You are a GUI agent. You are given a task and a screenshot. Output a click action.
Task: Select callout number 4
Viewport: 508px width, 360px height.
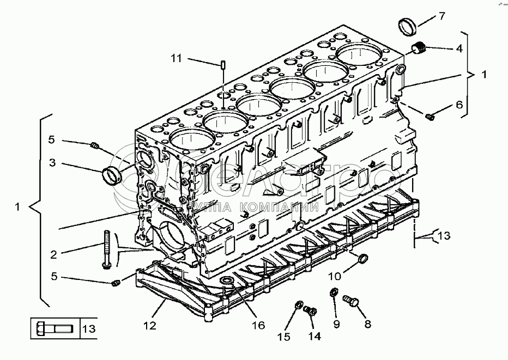tap(459, 48)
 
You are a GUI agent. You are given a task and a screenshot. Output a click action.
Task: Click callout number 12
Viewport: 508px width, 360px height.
tap(149, 326)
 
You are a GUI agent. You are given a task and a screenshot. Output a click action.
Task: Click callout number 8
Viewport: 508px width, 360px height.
tap(367, 324)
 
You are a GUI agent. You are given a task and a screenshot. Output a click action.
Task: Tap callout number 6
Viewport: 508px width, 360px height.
tap(459, 104)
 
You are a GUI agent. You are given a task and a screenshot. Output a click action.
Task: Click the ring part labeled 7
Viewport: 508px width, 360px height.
tap(407, 25)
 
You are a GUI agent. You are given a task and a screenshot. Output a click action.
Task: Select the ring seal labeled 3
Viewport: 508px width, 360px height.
tap(111, 175)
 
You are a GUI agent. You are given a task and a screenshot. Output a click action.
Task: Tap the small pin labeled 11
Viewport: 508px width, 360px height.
tap(224, 65)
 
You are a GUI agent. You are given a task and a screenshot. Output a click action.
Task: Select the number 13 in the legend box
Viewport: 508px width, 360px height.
tap(88, 329)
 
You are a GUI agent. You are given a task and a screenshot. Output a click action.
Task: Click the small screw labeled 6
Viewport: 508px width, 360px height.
tap(430, 115)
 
